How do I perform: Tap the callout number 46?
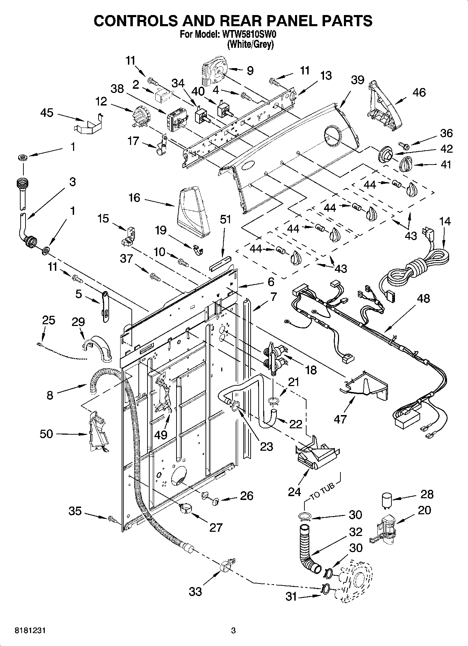pyautogui.click(x=419, y=92)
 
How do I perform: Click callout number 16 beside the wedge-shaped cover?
pyautogui.click(x=134, y=198)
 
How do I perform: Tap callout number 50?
pyautogui.click(x=46, y=434)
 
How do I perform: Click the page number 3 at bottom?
pyautogui.click(x=233, y=631)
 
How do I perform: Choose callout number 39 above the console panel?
pyautogui.click(x=358, y=80)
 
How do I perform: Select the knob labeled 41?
pyautogui.click(x=406, y=163)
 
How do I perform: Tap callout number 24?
pyautogui.click(x=294, y=492)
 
